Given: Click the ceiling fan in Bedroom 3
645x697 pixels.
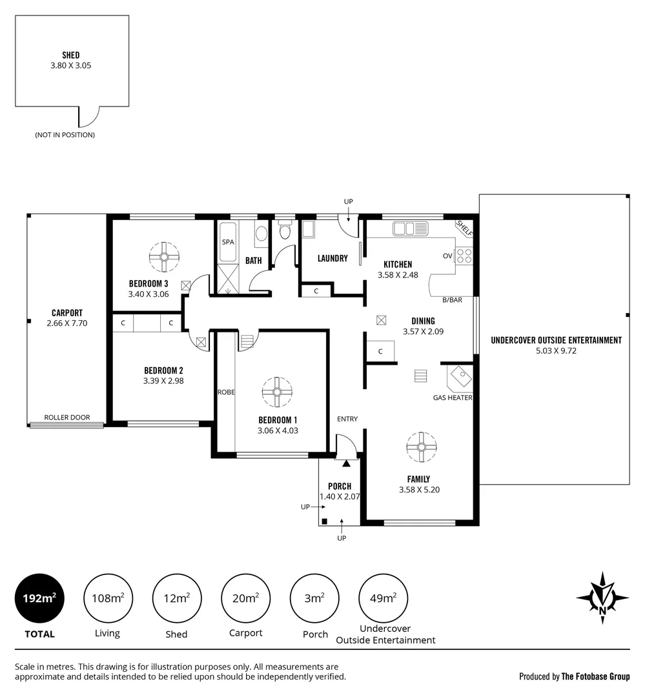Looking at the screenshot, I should tap(164, 256).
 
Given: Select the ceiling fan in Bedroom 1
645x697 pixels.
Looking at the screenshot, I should tap(277, 392).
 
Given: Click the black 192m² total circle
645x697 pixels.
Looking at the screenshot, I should tap(39, 598).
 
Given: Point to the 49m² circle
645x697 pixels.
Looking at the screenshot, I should tap(384, 598).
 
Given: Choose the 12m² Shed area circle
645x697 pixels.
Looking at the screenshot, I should tap(176, 598).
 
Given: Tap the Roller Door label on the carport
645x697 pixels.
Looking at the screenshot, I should tap(67, 417).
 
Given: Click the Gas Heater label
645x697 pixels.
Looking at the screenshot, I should tap(452, 398).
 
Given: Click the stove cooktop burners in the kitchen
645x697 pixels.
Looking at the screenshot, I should tap(464, 256).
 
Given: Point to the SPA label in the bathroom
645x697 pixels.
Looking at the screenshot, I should tap(227, 242).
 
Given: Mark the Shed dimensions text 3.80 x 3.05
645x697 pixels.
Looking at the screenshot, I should tap(71, 65).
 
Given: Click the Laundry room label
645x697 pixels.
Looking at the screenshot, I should tap(333, 258).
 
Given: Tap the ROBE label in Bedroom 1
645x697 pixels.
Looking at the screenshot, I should tap(225, 392).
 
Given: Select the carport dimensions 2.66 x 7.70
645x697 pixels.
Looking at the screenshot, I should tap(67, 323).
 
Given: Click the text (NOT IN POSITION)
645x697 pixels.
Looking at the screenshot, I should tap(65, 135).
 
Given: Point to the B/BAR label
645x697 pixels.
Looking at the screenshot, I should tap(452, 300).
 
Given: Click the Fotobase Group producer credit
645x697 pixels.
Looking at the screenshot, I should tap(574, 676).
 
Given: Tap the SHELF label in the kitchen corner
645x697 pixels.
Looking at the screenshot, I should tap(464, 228).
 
